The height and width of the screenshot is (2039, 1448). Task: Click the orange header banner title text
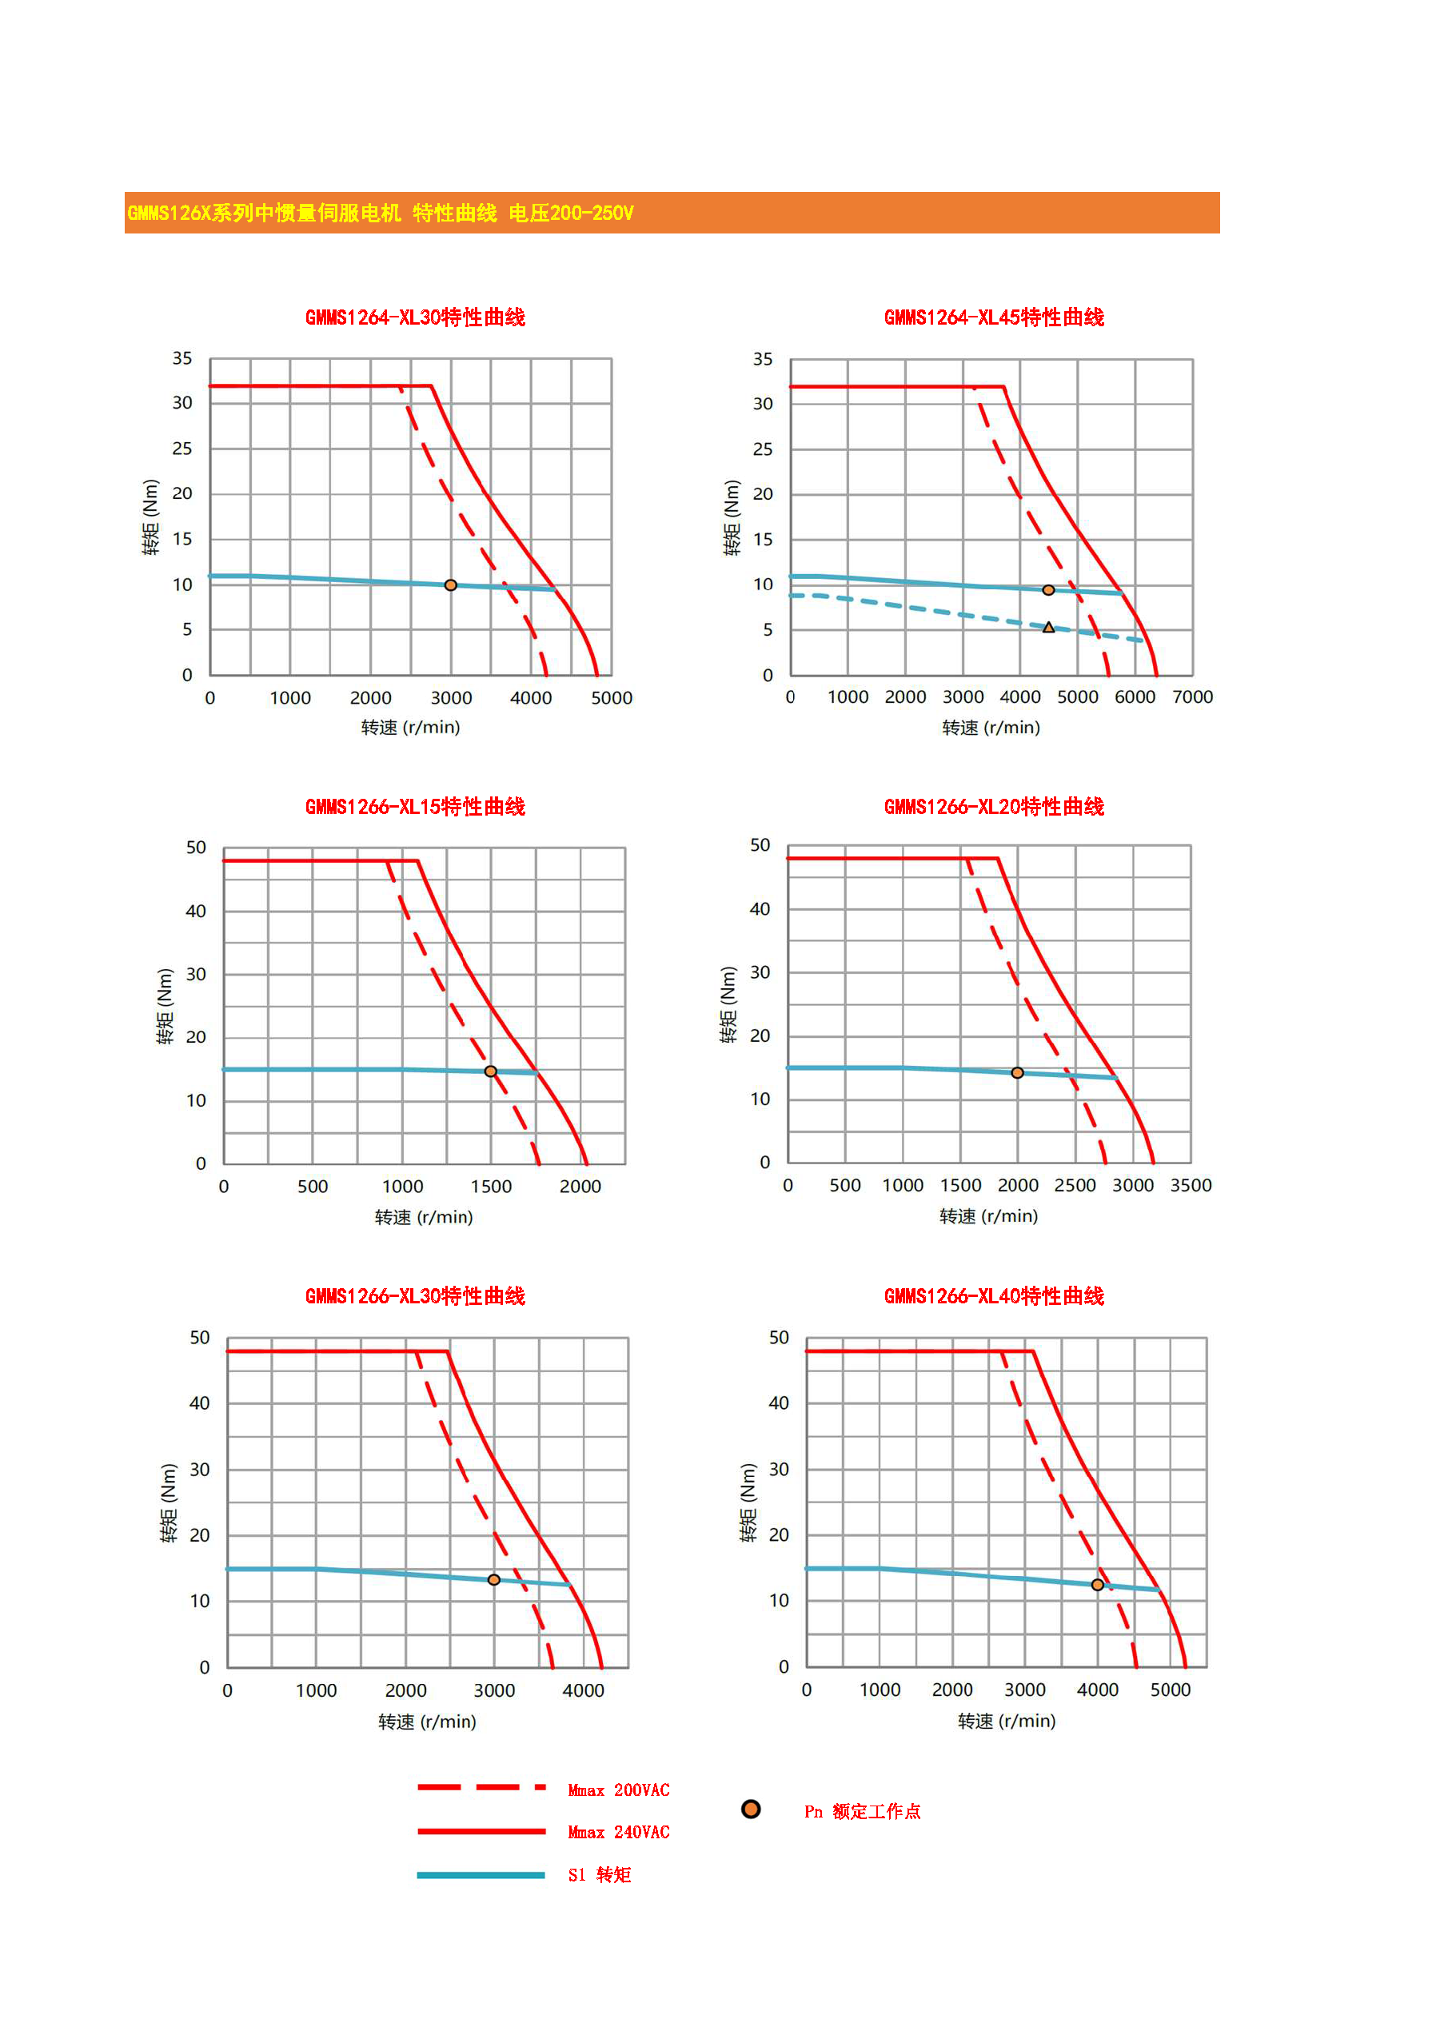click(381, 213)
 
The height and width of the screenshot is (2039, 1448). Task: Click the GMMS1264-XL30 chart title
click(416, 317)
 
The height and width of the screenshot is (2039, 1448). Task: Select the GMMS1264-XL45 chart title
click(994, 317)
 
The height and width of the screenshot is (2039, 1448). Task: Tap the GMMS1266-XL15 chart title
click(416, 807)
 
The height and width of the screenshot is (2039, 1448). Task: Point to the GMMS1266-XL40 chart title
click(994, 1296)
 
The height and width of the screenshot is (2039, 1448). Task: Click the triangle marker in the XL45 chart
click(1048, 628)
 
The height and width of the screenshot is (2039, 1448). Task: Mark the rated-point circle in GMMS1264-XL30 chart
click(450, 586)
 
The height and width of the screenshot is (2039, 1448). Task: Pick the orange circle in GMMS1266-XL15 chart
click(490, 1071)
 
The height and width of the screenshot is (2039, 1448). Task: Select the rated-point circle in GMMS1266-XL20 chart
click(1017, 1073)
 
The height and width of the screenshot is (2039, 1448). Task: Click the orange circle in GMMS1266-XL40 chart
click(1098, 1585)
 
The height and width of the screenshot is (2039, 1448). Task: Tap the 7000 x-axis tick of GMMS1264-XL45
click(1192, 697)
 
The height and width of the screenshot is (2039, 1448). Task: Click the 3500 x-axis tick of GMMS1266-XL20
click(1191, 1186)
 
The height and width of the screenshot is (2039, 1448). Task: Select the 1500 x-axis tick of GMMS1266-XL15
click(491, 1187)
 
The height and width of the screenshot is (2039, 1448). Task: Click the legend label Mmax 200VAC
click(619, 1790)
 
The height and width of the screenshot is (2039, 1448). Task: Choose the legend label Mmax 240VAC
click(619, 1832)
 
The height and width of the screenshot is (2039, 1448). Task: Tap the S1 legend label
click(599, 1875)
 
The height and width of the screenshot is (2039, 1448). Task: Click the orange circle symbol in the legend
click(751, 1809)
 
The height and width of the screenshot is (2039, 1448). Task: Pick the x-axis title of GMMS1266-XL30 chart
click(427, 1722)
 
